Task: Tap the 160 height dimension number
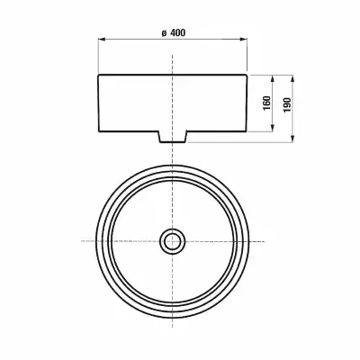coord(266,103)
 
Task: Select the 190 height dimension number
coord(287,104)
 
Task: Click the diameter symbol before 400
coord(164,33)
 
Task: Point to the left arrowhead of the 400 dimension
coord(102,39)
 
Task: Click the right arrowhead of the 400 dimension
coord(243,39)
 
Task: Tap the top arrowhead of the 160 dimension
coord(273,78)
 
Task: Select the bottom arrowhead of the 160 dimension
coord(273,128)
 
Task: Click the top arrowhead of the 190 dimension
coord(292,78)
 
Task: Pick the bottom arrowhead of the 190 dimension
coord(292,139)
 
